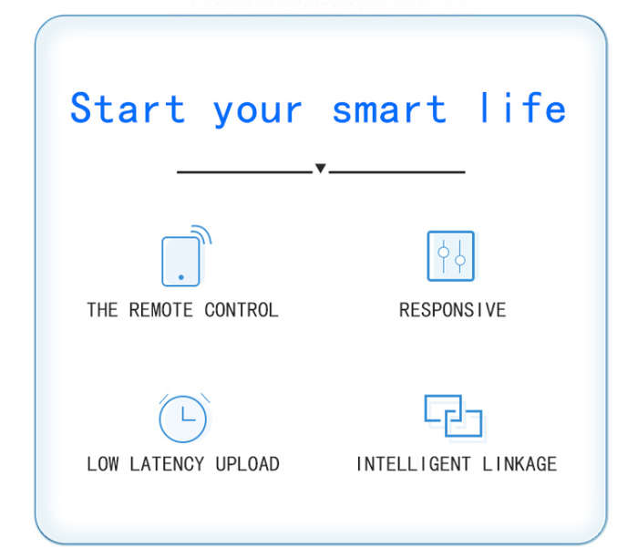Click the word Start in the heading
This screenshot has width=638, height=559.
click(x=128, y=108)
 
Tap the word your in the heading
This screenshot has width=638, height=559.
click(x=258, y=112)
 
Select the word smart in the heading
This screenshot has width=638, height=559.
click(x=389, y=109)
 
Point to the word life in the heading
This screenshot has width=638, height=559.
click(x=523, y=107)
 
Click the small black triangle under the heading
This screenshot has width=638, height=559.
click(x=321, y=168)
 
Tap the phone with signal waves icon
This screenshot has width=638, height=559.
click(x=187, y=255)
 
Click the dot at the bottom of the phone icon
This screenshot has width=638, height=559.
click(x=181, y=277)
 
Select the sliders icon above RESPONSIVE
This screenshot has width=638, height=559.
click(x=451, y=256)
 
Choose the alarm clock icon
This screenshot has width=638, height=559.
click(x=183, y=418)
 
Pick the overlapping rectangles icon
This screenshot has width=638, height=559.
click(x=453, y=416)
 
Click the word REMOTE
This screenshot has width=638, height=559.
click(x=160, y=310)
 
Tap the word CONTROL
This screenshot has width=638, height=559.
click(x=242, y=310)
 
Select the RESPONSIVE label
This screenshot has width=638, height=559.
click(x=452, y=310)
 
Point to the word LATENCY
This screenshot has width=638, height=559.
click(x=167, y=464)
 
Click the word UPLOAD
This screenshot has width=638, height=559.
click(x=247, y=464)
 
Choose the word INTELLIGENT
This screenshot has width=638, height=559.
click(x=414, y=464)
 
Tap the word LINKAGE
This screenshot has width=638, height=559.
click(x=520, y=464)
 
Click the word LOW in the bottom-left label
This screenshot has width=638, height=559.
click(x=102, y=464)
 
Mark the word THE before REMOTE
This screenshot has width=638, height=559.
click(x=102, y=310)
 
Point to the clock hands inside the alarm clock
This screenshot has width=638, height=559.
click(x=188, y=414)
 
